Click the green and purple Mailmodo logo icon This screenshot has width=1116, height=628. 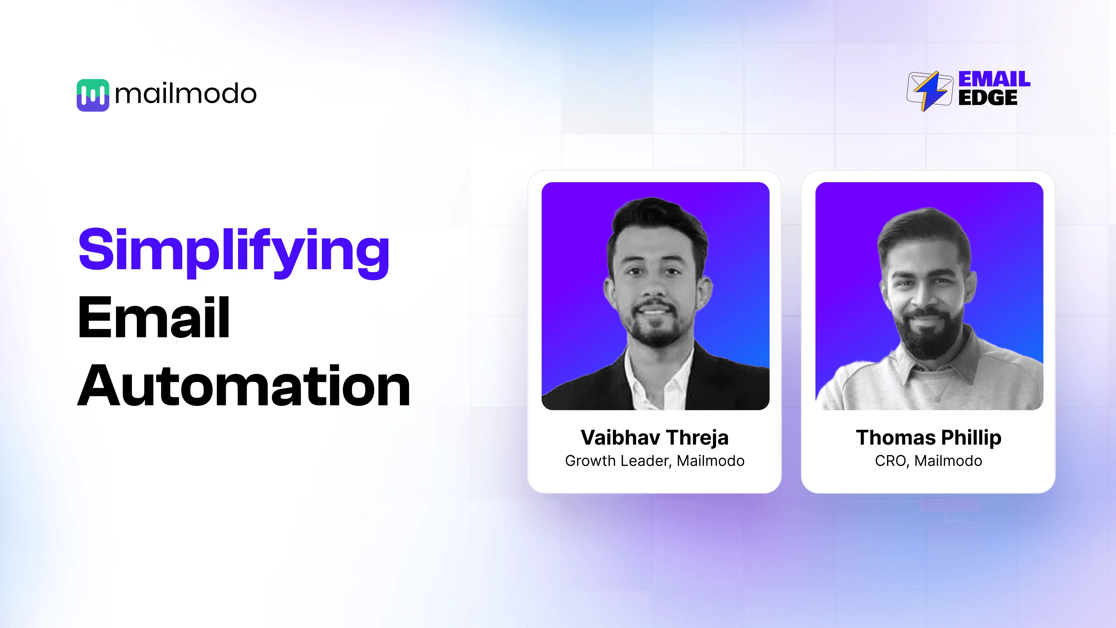pyautogui.click(x=93, y=95)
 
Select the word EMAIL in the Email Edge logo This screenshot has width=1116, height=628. pyautogui.click(x=994, y=79)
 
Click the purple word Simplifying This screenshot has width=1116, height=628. pyautogui.click(x=234, y=251)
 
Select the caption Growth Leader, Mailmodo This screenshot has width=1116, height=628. pyautogui.click(x=654, y=461)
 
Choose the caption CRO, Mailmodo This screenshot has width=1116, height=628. pyautogui.click(x=929, y=461)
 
